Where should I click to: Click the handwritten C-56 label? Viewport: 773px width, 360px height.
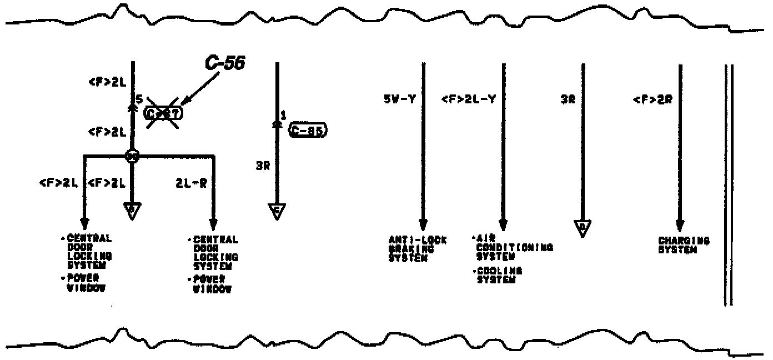pos(225,63)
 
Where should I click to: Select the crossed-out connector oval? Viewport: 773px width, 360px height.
pos(163,113)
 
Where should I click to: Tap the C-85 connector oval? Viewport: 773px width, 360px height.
pos(308,131)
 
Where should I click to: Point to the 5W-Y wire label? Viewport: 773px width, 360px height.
pos(400,99)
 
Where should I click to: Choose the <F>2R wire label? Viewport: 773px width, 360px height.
pos(652,100)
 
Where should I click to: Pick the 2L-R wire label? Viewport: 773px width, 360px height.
pos(192,182)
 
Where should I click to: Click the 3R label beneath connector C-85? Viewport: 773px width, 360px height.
pos(263,165)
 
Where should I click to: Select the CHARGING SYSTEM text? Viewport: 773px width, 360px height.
pos(684,245)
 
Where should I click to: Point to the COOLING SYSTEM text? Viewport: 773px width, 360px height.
pos(499,275)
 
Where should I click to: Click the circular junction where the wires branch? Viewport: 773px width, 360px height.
pos(132,156)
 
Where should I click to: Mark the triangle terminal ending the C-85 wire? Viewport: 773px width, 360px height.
pos(277,211)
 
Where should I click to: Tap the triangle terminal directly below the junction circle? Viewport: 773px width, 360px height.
pos(132,211)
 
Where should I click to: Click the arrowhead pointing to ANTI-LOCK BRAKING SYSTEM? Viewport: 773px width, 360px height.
pos(423,225)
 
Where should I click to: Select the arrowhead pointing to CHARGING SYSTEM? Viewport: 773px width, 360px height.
pos(680,226)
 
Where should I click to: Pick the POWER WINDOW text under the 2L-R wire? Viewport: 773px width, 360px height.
pos(212,284)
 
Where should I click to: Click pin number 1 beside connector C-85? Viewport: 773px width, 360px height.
pos(283,116)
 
